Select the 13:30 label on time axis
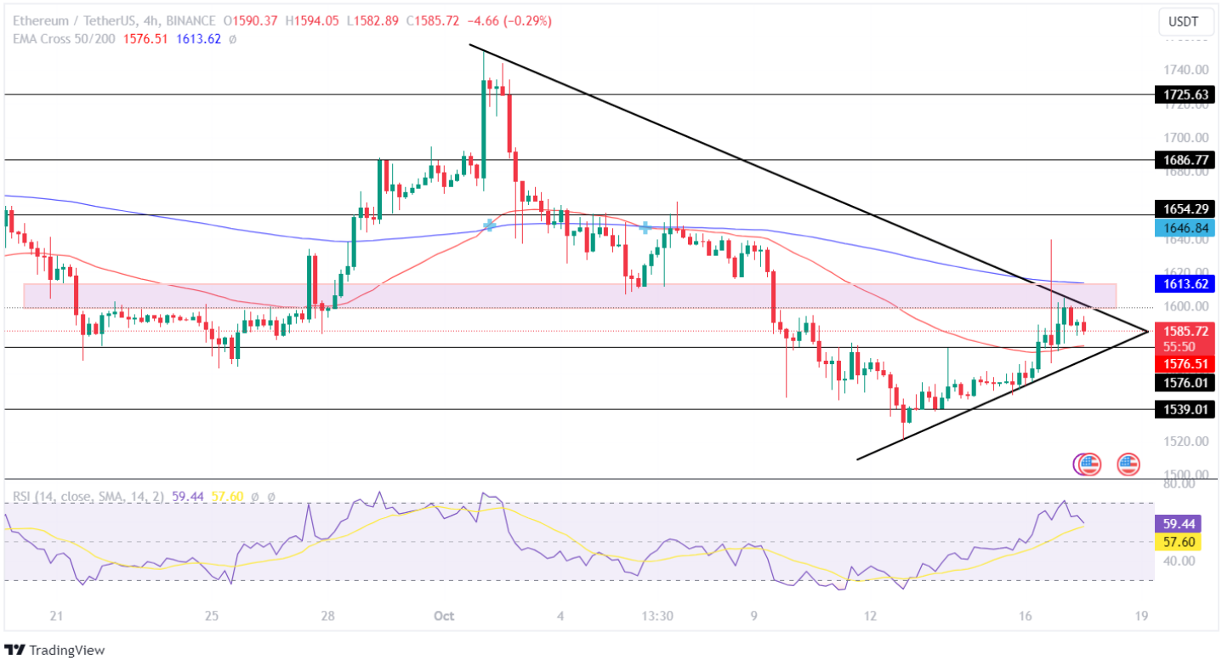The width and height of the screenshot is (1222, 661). click(657, 616)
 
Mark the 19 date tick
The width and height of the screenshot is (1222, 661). click(1142, 616)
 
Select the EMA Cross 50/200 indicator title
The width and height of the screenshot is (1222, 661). click(68, 38)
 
